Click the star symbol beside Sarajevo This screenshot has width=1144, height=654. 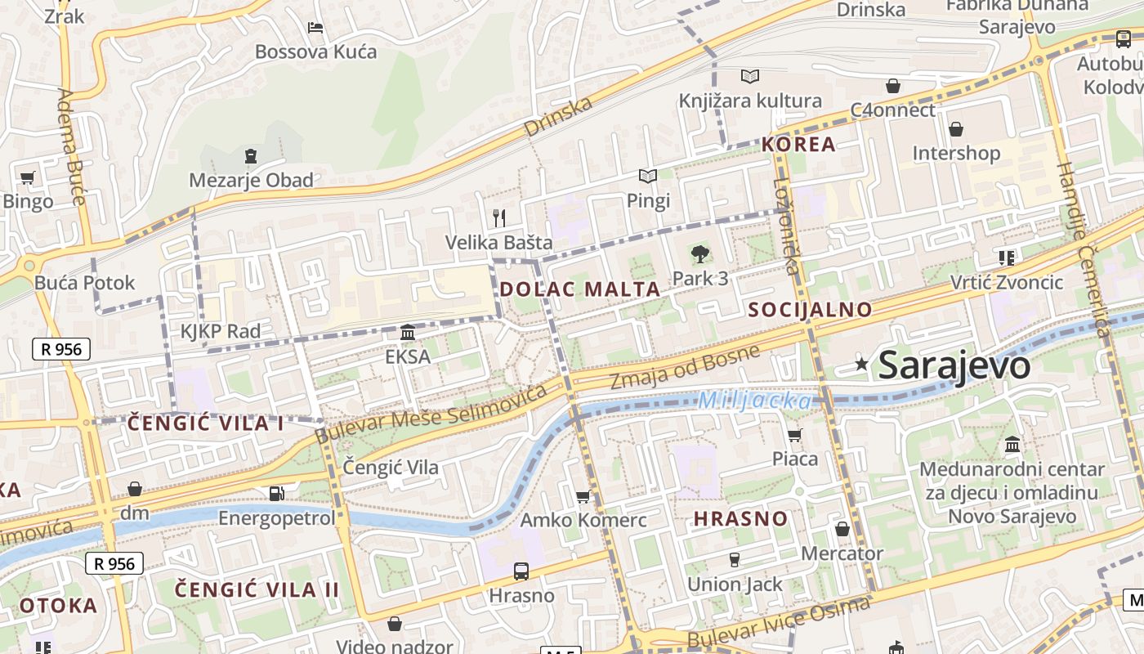[x=861, y=365]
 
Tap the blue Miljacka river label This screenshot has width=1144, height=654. [x=755, y=401]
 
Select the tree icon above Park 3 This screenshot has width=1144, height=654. [x=699, y=254]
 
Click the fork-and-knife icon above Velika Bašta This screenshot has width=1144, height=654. [x=499, y=217]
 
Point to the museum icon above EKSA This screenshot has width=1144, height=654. [x=408, y=333]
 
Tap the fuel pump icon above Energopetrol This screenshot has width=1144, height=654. [x=277, y=493]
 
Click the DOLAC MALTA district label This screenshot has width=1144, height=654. [x=579, y=289]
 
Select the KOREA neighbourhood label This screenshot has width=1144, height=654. [x=798, y=145]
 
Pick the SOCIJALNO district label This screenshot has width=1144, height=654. [x=810, y=309]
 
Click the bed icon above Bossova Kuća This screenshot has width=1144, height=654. [x=315, y=27]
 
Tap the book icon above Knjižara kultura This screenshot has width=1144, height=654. [x=749, y=76]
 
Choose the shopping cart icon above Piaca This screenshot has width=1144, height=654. [x=794, y=435]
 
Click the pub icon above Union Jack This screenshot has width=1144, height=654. [x=734, y=560]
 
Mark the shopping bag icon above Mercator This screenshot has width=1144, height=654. [x=842, y=529]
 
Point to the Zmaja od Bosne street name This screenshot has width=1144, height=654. [x=685, y=367]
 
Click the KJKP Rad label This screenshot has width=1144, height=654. [x=221, y=331]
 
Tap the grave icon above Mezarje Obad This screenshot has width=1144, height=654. [x=251, y=155]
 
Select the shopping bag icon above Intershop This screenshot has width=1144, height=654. [x=955, y=128]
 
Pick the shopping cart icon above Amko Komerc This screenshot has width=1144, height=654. [x=583, y=496]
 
